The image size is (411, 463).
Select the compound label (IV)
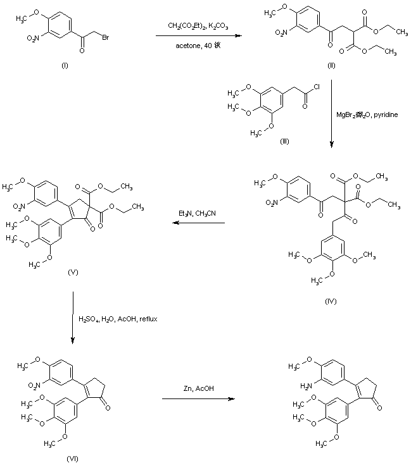(331, 300)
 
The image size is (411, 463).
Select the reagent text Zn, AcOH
(197, 390)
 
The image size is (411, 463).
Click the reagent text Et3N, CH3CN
(197, 214)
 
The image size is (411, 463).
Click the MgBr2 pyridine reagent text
(367, 114)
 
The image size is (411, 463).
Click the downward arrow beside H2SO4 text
(73, 319)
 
